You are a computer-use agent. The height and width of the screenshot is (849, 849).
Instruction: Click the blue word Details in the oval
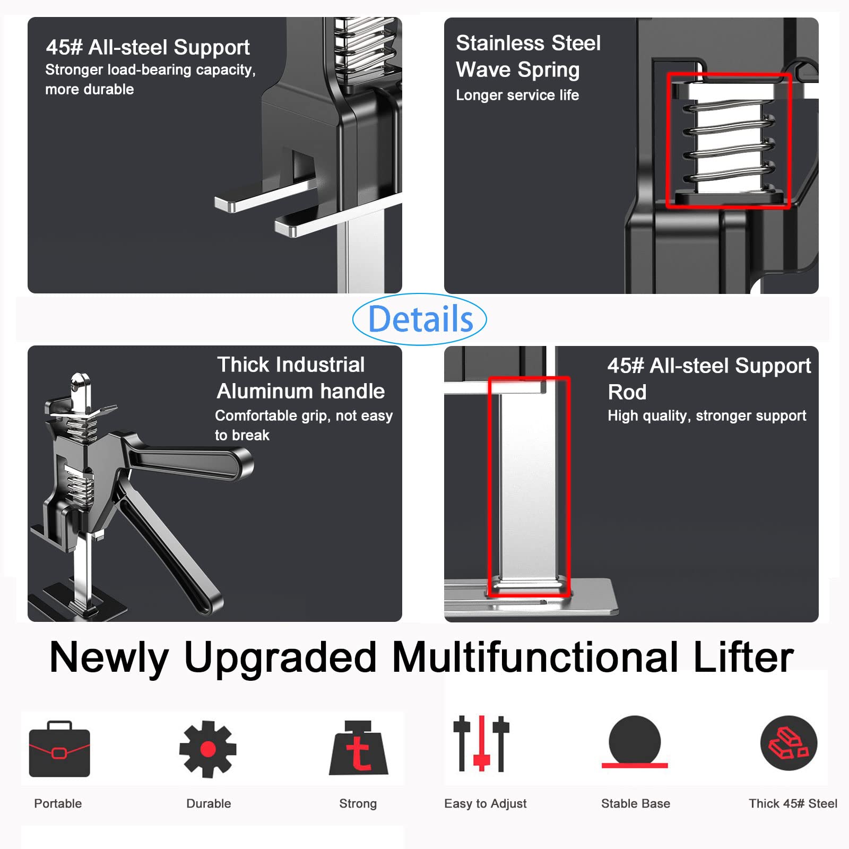pos(420,319)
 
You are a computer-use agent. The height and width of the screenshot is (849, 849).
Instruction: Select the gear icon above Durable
pos(208,749)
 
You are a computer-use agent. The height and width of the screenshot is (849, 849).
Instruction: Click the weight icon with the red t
pos(358,749)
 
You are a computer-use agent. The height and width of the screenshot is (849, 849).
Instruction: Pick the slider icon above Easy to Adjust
pos(481,743)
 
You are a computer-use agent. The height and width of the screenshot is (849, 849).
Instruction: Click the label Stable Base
pos(635,803)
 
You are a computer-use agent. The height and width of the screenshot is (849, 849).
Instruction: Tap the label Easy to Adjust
pos(485,803)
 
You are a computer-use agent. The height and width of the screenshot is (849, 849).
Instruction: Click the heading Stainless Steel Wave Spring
pos(528,56)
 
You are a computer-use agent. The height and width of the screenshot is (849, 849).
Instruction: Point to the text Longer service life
pos(517,95)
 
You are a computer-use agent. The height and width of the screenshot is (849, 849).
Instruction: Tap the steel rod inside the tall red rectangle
pos(527,488)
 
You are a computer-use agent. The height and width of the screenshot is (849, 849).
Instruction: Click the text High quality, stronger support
pos(706,415)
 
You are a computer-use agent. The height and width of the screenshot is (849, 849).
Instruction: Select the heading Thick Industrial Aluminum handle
pos(300,378)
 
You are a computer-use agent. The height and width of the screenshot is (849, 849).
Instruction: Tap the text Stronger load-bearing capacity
pos(150,70)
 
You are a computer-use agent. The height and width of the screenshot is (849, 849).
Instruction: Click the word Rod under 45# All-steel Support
pos(627,392)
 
